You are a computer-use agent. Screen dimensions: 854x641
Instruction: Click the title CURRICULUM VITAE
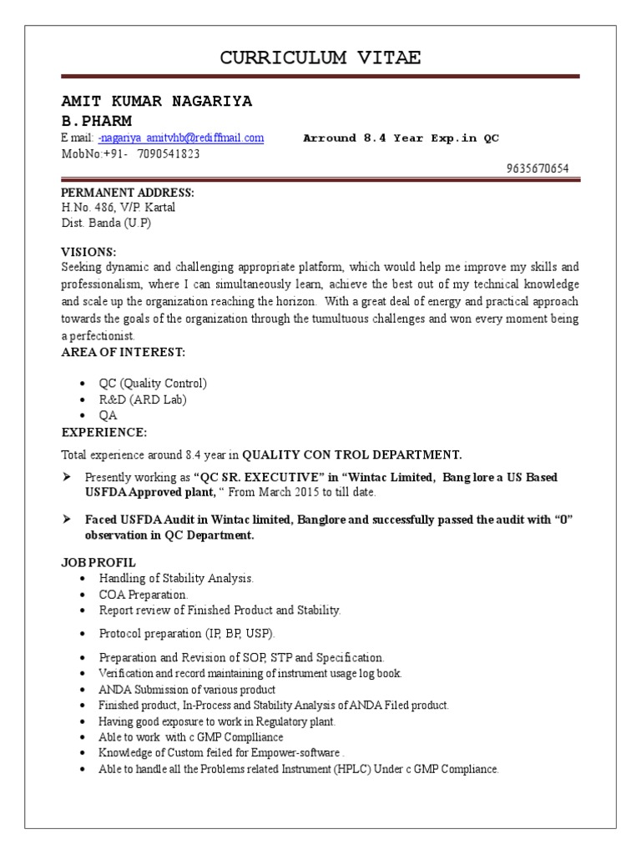click(320, 58)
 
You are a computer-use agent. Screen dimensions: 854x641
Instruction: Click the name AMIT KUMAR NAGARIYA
click(157, 102)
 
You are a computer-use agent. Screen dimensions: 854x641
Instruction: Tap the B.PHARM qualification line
click(97, 121)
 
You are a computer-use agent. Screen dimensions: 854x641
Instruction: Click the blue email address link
click(181, 138)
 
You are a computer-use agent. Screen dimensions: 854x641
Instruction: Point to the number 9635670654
click(538, 168)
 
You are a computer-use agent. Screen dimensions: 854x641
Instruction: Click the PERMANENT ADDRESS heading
click(127, 193)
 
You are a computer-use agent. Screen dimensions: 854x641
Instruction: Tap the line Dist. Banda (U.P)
click(106, 223)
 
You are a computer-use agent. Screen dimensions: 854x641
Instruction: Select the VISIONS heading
click(89, 252)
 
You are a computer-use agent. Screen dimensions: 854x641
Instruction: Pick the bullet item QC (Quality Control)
click(153, 384)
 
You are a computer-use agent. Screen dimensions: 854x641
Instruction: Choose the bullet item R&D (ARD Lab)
click(143, 399)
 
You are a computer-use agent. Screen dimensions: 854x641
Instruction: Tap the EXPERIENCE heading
click(104, 432)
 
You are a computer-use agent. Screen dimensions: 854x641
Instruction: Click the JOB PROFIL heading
click(98, 562)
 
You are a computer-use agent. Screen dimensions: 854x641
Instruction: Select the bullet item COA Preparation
click(144, 595)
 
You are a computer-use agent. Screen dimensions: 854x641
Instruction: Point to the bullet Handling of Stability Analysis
click(176, 578)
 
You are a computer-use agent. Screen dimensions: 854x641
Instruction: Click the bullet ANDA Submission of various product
click(187, 690)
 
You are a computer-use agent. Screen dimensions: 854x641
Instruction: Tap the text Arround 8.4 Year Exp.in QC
click(401, 138)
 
